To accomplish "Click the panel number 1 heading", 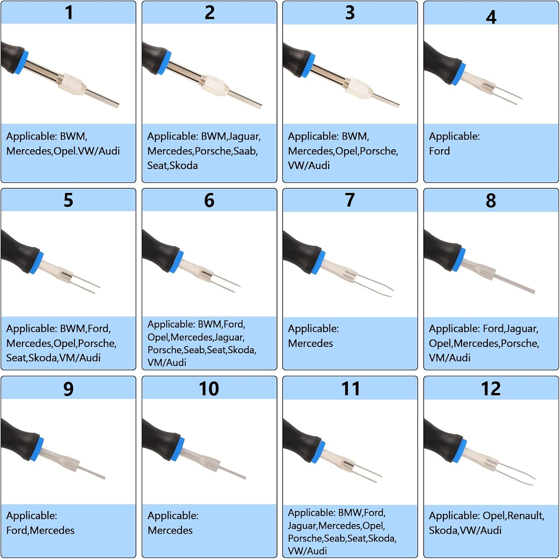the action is [x=69, y=12].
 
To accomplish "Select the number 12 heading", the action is [x=491, y=389].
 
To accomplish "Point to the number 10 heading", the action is [x=209, y=389].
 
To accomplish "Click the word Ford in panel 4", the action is [x=439, y=151].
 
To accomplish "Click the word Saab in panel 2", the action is [x=245, y=151].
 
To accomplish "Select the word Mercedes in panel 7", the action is [x=310, y=343].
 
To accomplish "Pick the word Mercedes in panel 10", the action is [x=170, y=530].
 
